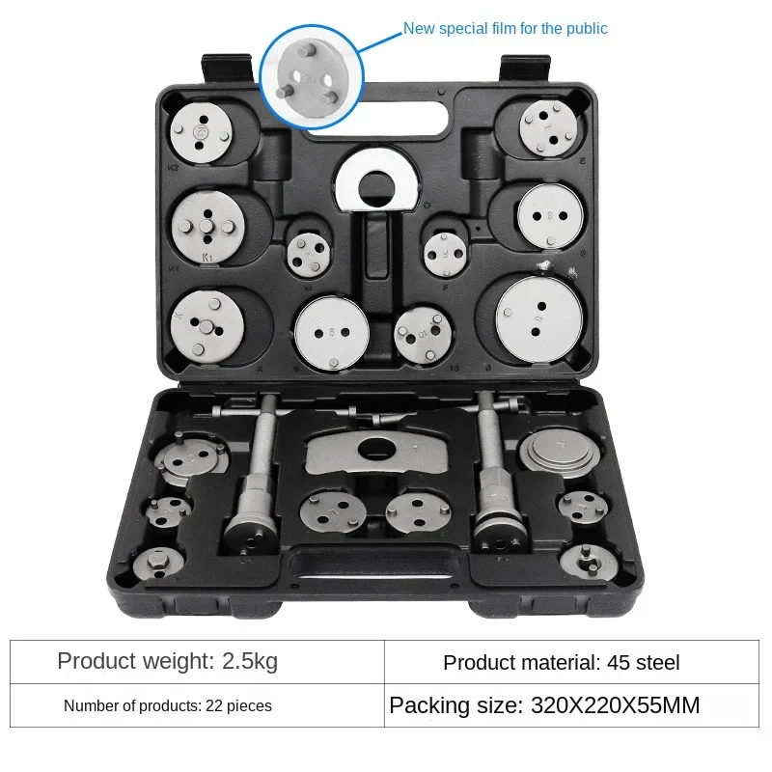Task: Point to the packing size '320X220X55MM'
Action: pyautogui.click(x=615, y=705)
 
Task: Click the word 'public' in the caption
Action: pyautogui.click(x=582, y=29)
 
